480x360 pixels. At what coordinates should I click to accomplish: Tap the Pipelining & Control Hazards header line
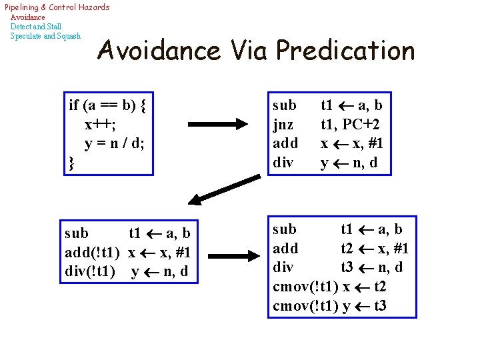[x=57, y=7]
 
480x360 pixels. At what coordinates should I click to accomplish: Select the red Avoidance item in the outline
[x=28, y=17]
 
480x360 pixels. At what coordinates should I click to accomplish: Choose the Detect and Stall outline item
[x=36, y=27]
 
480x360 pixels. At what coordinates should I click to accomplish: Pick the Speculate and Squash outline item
[x=45, y=36]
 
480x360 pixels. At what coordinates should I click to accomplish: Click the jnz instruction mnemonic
[x=284, y=124]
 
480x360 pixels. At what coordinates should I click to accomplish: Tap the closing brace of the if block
[x=71, y=163]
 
